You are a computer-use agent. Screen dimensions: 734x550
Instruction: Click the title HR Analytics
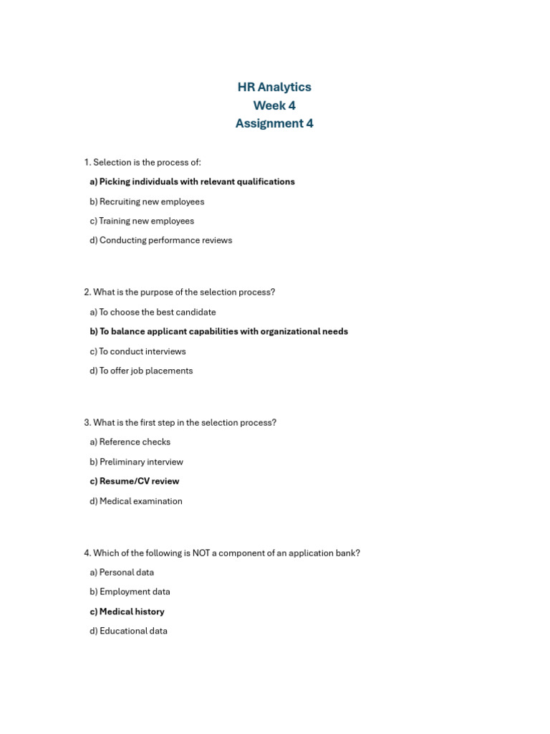click(274, 87)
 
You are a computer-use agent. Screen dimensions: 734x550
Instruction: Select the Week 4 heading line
click(274, 105)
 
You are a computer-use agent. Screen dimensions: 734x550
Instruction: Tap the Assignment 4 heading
click(274, 123)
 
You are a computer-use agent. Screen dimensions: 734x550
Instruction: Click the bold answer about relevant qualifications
click(192, 182)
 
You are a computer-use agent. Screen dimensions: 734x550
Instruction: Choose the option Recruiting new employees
click(147, 201)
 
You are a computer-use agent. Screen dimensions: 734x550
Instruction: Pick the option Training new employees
click(142, 221)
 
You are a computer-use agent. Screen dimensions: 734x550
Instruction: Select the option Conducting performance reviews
click(160, 240)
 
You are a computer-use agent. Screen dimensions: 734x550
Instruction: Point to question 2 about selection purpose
click(179, 292)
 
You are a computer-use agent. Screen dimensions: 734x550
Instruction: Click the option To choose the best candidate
click(153, 312)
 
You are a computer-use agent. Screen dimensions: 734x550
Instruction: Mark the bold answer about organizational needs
click(218, 331)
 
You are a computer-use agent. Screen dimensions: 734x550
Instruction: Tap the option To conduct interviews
click(137, 351)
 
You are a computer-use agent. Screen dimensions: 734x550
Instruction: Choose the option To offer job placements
click(141, 371)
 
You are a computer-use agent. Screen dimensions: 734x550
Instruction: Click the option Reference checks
click(130, 442)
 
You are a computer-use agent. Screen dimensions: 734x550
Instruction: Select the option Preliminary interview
click(136, 462)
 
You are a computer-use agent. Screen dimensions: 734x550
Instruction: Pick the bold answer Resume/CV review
click(134, 481)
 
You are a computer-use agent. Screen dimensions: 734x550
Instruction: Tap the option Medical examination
click(136, 501)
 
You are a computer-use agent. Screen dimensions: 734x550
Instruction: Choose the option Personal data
click(122, 572)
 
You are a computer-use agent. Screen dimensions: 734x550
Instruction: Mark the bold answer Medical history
click(127, 611)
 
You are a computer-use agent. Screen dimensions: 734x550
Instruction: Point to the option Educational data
click(128, 631)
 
